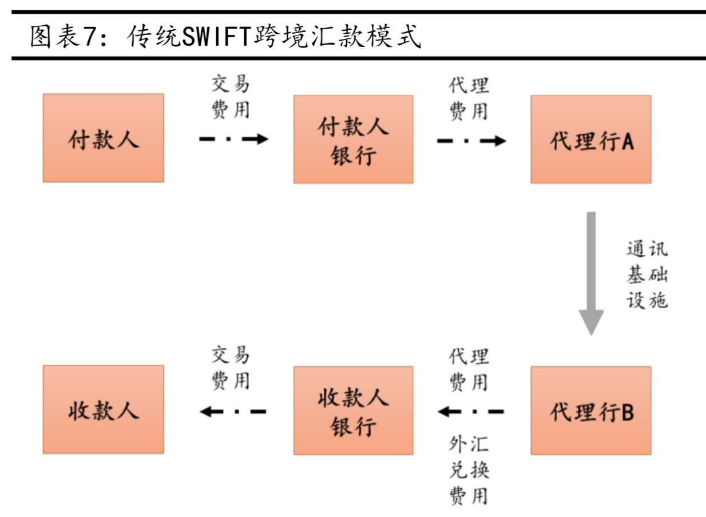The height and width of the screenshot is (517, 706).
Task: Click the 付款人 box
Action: tap(103, 138)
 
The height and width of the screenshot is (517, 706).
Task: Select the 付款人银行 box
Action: tap(353, 139)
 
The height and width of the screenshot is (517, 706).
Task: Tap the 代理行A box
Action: tap(590, 139)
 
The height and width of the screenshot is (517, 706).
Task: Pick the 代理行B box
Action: tap(590, 411)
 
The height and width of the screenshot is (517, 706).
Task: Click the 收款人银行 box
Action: tap(353, 411)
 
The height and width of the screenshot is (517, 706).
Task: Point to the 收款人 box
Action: tap(103, 409)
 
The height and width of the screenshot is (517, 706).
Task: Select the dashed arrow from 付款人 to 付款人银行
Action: tap(233, 139)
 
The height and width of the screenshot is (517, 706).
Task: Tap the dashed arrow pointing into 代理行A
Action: tap(471, 140)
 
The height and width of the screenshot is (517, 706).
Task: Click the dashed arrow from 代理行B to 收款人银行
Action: tap(471, 411)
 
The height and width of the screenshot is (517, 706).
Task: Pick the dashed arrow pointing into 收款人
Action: tap(233, 411)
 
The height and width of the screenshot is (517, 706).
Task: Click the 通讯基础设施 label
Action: tap(646, 275)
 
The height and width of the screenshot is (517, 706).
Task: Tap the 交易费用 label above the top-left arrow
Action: tap(231, 97)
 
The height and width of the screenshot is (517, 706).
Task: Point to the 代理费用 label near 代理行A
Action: tap(469, 98)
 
